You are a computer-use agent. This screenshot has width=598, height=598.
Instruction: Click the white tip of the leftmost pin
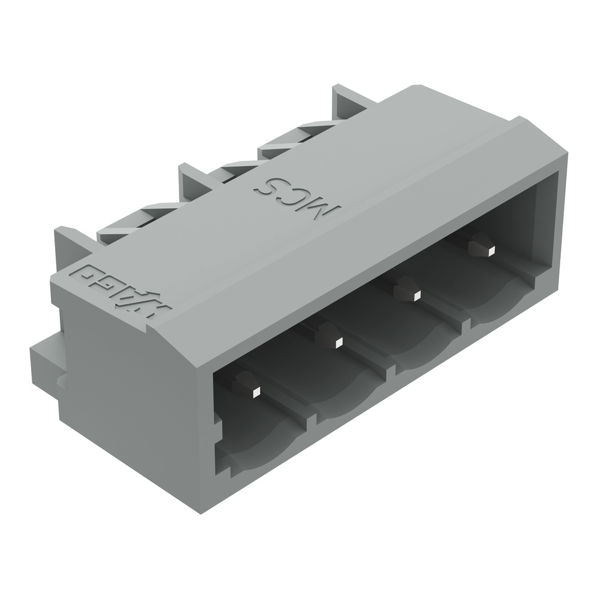coord(255,393)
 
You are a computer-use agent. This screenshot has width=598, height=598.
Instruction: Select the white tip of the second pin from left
coord(338,343)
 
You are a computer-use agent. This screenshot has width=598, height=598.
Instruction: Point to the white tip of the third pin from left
coord(417,294)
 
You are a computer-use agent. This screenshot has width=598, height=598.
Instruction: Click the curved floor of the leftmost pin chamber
coord(263,446)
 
